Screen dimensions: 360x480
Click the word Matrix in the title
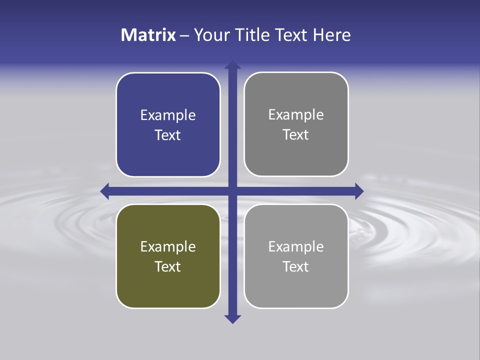pyautogui.click(x=148, y=35)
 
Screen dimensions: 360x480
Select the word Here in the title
pyautogui.click(x=332, y=35)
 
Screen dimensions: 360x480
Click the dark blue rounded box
pyautogui.click(x=168, y=125)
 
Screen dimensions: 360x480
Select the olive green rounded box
pyautogui.click(x=168, y=256)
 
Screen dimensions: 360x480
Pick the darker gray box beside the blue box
pyautogui.click(x=296, y=124)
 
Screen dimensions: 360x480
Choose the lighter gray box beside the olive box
pyautogui.click(x=296, y=256)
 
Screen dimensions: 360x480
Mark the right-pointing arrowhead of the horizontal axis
pyautogui.click(x=359, y=191)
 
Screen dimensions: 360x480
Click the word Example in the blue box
pyautogui.click(x=168, y=115)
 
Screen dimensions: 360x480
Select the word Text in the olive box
pyautogui.click(x=168, y=266)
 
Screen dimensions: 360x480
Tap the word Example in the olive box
pyautogui.click(x=168, y=246)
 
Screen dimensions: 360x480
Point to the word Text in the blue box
pyautogui.click(x=168, y=135)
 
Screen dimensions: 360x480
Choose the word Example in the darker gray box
pyautogui.click(x=296, y=115)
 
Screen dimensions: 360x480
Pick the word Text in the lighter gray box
pyautogui.click(x=296, y=266)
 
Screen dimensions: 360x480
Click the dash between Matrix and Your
pyautogui.click(x=184, y=35)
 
